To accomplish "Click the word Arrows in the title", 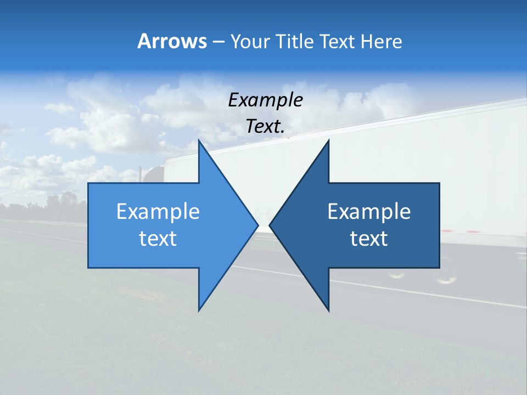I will point(172,42).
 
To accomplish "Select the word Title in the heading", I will point(296,42).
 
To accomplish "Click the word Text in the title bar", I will point(337,42).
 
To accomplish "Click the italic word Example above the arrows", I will point(266,100).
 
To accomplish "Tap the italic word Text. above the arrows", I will point(266,127).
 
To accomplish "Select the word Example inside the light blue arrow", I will point(158,212).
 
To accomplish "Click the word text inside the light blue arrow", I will point(158,239).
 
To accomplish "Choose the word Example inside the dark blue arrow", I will point(369,212).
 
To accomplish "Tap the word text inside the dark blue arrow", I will point(369,239).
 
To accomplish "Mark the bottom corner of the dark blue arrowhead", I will point(328,310).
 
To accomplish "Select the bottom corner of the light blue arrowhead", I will point(199,310).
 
